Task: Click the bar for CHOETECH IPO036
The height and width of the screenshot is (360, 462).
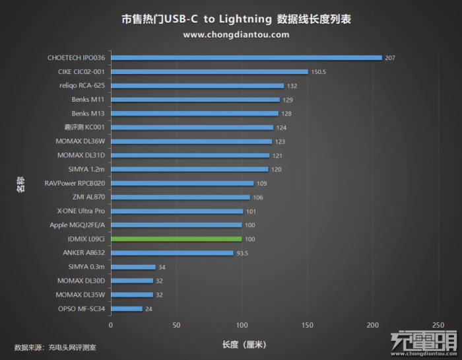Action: click(x=246, y=57)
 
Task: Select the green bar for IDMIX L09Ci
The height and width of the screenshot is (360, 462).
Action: click(x=176, y=238)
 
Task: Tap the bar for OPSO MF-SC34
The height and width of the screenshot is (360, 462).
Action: click(x=127, y=308)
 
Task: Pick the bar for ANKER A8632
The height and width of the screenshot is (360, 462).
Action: click(x=172, y=252)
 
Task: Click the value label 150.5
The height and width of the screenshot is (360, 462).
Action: click(x=319, y=71)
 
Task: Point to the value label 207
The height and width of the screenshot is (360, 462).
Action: click(x=389, y=57)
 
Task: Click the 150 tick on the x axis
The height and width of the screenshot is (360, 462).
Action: click(x=307, y=326)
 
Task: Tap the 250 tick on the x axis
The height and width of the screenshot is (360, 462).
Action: click(x=438, y=326)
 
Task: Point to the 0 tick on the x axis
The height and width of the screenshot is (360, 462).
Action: click(x=111, y=326)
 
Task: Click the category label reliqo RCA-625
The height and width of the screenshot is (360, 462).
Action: click(x=82, y=86)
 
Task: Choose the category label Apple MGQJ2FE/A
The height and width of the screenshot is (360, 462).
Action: click(x=77, y=225)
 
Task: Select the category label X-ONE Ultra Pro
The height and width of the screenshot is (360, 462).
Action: click(x=81, y=211)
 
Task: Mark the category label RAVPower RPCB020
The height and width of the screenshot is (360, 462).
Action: click(x=75, y=183)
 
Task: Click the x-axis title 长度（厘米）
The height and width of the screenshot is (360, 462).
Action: click(x=244, y=345)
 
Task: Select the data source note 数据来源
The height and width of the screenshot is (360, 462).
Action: click(x=55, y=347)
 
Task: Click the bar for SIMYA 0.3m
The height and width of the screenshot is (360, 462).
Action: click(x=133, y=267)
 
